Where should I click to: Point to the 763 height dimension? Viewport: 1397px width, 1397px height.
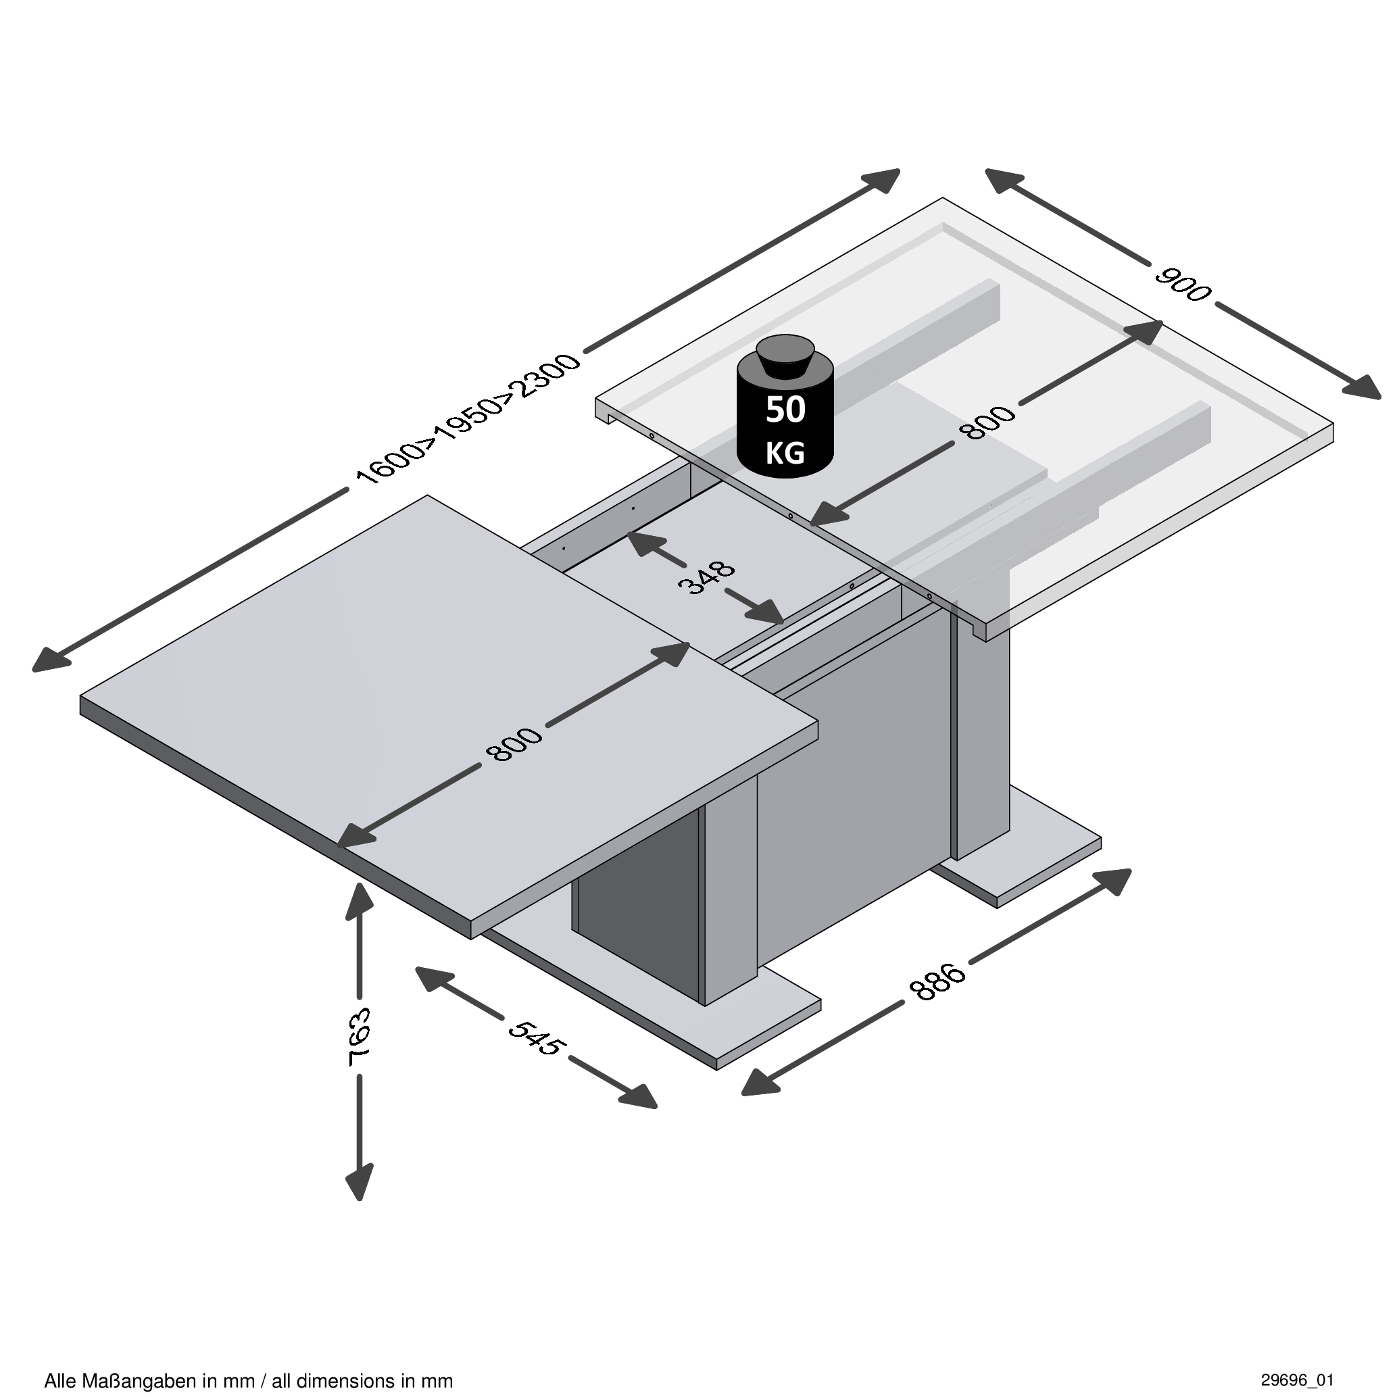pyautogui.click(x=360, y=1036)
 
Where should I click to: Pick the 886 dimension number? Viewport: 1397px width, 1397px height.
pyautogui.click(x=937, y=981)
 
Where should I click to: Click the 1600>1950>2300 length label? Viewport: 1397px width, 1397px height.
pyautogui.click(x=468, y=420)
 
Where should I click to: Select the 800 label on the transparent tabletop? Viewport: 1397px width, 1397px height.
pyautogui.click(x=987, y=423)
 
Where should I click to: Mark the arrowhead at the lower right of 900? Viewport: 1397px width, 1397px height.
pyautogui.click(x=1363, y=389)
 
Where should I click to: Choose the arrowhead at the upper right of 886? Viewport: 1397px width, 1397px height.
pyautogui.click(x=1114, y=880)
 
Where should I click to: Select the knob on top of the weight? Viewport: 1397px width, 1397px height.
pyautogui.click(x=785, y=356)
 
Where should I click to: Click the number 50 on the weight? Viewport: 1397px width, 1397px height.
pyautogui.click(x=785, y=410)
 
